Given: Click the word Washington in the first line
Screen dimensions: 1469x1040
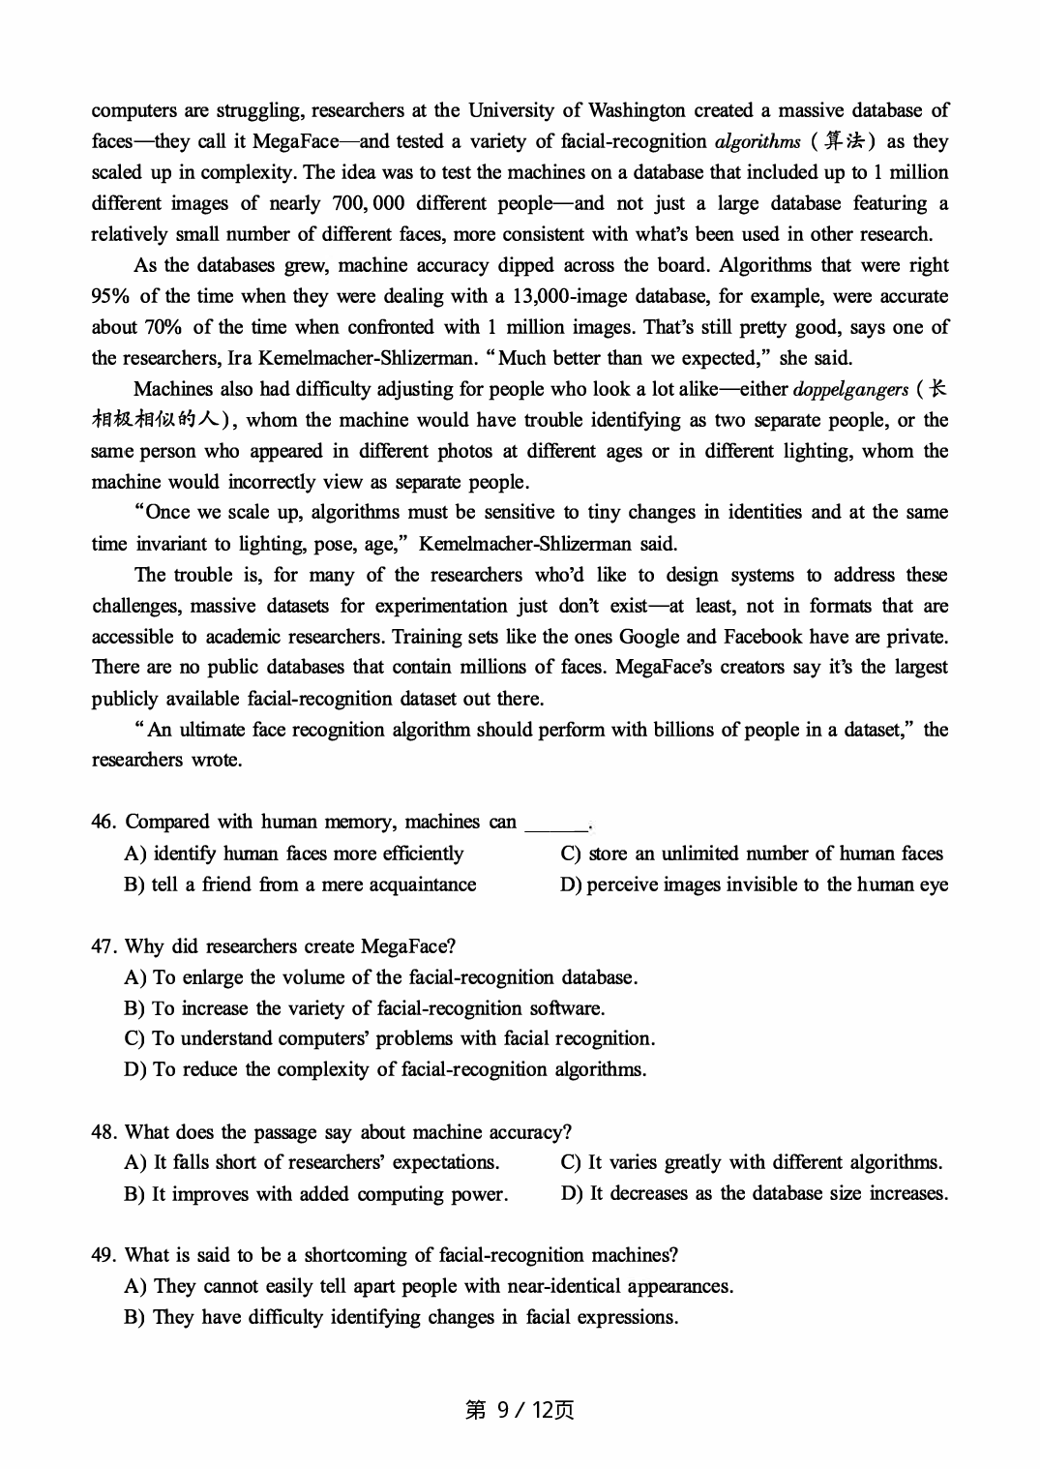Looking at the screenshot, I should pos(637,110).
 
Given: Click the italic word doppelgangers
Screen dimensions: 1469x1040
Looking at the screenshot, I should pos(850,389).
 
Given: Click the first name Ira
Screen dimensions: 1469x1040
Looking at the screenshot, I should pos(240,358).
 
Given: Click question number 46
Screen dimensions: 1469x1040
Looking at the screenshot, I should pos(103,823).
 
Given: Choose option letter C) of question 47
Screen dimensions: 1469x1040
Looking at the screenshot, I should pos(134,1038).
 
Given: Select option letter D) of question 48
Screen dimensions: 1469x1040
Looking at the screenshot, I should pos(572,1193).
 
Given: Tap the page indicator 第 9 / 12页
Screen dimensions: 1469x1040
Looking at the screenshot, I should pos(520,1410).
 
